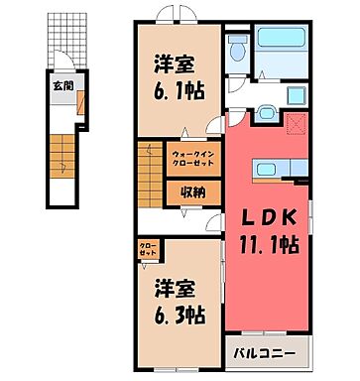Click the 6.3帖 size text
179,317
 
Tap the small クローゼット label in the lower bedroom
146,250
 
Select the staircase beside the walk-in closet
148,175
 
